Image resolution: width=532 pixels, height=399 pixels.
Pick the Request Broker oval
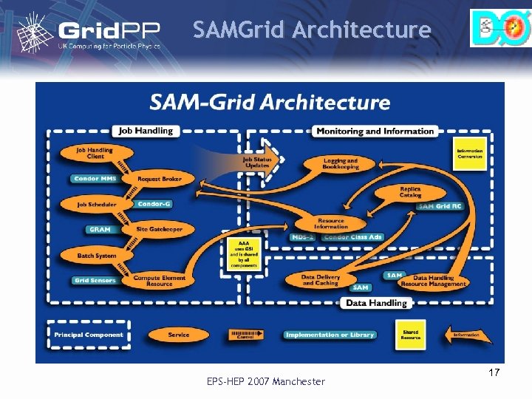click(158, 179)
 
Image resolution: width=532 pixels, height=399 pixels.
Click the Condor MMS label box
click(94, 179)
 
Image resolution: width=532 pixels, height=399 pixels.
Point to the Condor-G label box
click(154, 204)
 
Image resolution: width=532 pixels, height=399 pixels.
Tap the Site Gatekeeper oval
click(158, 230)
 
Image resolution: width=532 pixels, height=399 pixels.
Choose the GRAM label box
click(100, 230)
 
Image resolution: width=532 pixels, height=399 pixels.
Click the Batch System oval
click(97, 256)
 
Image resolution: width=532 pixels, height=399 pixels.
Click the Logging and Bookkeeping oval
click(340, 163)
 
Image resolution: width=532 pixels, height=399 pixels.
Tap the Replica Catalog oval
click(410, 192)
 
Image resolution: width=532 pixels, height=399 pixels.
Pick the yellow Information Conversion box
click(469, 153)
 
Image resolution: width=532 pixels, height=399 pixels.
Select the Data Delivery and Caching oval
click(320, 280)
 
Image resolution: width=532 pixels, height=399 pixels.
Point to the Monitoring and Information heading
click(375, 131)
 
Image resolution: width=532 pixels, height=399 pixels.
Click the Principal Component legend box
click(83, 335)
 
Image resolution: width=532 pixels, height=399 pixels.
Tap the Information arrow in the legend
click(466, 335)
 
